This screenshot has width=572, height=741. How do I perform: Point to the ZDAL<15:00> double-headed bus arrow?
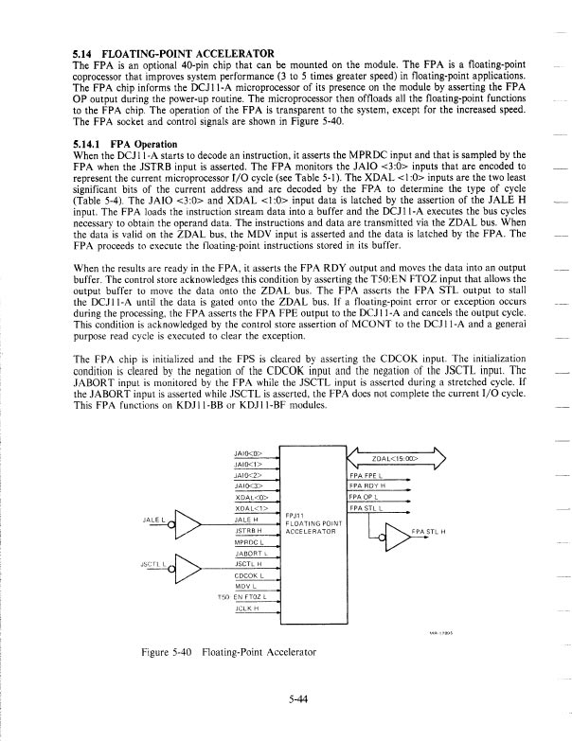pyautogui.click(x=397, y=460)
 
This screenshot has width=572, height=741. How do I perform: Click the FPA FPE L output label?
pyautogui.click(x=365, y=474)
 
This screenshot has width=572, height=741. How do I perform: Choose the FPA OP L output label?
pyautogui.click(x=363, y=498)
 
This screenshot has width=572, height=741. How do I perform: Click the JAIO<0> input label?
pyautogui.click(x=247, y=454)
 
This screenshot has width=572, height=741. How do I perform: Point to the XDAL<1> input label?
pyautogui.click(x=249, y=509)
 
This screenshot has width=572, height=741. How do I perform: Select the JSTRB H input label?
pyautogui.click(x=248, y=532)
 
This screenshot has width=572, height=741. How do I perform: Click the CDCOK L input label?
pyautogui.click(x=248, y=575)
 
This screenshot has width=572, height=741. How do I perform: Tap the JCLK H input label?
pyautogui.click(x=246, y=610)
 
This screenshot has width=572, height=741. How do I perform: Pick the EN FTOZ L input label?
pyautogui.click(x=250, y=598)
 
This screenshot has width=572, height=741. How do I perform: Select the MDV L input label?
pyautogui.click(x=245, y=587)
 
